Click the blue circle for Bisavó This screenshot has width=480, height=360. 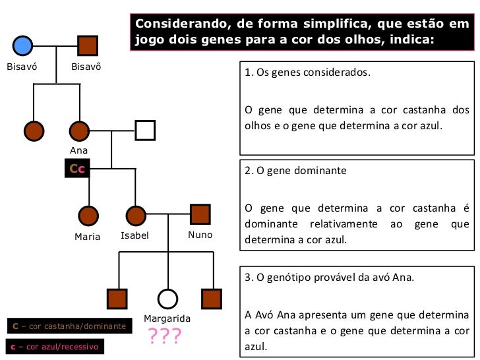[x=22, y=45]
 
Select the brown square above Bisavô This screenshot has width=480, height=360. [x=88, y=45]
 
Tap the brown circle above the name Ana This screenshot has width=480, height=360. [x=79, y=131]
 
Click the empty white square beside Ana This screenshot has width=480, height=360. [x=144, y=131]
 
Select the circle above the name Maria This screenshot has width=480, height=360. [x=88, y=215]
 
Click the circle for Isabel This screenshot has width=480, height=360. [x=135, y=215]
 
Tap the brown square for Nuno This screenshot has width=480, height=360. [x=200, y=214]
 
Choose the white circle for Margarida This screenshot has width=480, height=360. [x=167, y=299]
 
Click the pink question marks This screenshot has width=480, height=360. [x=164, y=337]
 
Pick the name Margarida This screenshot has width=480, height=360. [x=167, y=319]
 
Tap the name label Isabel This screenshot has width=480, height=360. [x=135, y=235]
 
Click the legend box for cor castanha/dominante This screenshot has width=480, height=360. [x=69, y=326]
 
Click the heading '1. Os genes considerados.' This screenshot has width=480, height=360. [x=307, y=72]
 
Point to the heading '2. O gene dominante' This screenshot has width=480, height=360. [x=295, y=169]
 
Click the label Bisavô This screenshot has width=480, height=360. [x=86, y=67]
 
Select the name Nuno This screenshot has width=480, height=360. [x=200, y=235]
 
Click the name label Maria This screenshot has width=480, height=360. [x=87, y=236]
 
